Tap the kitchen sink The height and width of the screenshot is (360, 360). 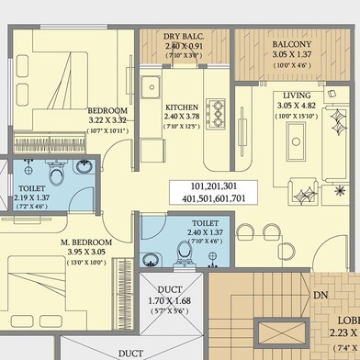(151, 90)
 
